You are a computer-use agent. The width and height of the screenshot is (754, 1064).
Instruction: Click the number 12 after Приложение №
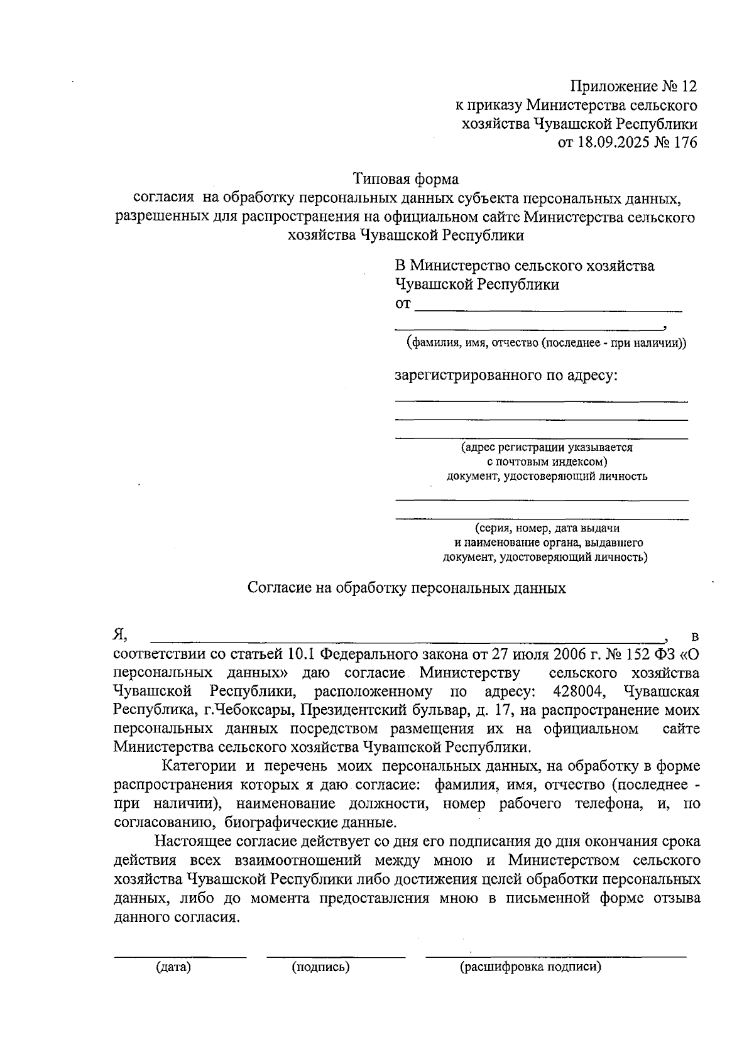coord(687,85)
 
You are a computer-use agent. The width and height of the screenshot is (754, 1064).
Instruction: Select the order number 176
coord(685,143)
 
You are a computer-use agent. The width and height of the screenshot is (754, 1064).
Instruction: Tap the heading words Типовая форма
coord(405,179)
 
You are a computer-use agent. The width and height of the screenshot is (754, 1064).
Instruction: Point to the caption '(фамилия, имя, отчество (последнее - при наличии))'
coord(546,344)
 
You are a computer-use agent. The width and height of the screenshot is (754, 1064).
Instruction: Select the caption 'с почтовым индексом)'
coord(547,462)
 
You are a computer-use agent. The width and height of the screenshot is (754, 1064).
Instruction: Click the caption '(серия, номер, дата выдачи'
coord(547,528)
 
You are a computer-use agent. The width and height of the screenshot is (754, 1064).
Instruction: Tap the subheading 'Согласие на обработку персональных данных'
coord(407,588)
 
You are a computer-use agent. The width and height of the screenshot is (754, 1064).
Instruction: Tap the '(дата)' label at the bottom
coord(173,967)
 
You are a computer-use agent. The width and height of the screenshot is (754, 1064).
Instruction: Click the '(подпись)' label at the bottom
coord(320,967)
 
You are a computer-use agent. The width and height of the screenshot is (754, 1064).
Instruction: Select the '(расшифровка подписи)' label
coord(530,967)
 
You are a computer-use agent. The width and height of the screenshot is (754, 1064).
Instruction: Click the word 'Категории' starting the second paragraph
coord(199,766)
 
